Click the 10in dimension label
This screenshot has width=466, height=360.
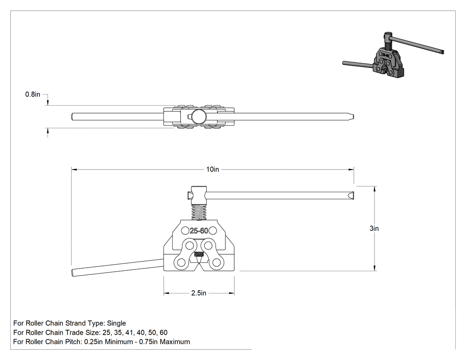[x=213, y=169]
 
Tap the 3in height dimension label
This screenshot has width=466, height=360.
[x=374, y=228]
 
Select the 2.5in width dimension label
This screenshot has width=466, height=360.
[x=198, y=293]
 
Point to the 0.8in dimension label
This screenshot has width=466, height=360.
[x=33, y=95]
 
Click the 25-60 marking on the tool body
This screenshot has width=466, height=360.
[x=199, y=231]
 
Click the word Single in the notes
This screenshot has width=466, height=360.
[x=116, y=323]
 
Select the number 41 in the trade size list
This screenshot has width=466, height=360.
[x=130, y=332]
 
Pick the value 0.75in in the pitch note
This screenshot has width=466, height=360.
[x=149, y=341]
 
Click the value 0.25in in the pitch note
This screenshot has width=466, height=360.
[x=94, y=341]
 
